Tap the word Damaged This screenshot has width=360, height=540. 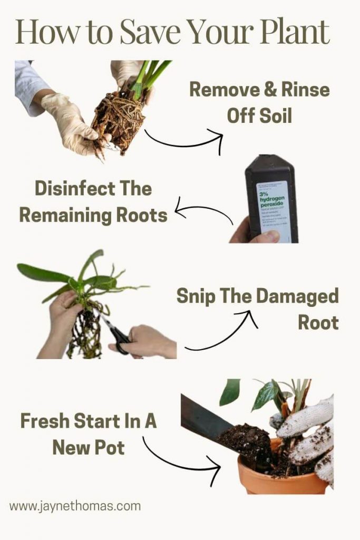coord(305,296)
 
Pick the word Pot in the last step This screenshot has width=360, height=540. coord(110,448)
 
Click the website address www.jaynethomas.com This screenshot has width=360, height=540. coord(75,507)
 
